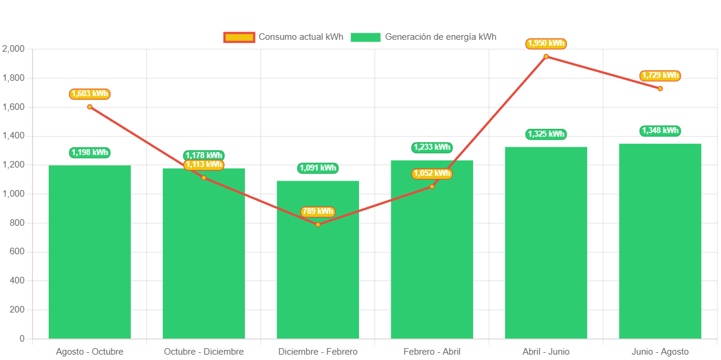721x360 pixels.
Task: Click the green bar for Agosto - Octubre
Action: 90,252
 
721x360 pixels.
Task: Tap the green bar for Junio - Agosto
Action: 660,241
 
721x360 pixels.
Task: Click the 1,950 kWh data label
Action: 546,43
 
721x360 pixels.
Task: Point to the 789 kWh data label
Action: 317,211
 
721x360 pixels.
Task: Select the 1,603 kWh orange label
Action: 90,94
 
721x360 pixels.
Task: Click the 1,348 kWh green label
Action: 660,131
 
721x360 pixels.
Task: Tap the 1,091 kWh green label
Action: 317,168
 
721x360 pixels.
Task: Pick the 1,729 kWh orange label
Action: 660,75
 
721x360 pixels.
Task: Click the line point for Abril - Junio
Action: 546,56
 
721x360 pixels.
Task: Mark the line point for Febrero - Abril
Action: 432,187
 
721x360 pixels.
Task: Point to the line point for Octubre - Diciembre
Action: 204,178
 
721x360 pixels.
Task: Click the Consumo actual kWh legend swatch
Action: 239,37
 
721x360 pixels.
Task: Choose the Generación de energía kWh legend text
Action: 440,37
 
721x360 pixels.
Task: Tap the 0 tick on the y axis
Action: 22,339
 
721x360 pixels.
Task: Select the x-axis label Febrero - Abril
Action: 432,352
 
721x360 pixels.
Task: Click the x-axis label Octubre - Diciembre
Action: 204,352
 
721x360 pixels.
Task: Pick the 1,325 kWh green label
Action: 546,134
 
